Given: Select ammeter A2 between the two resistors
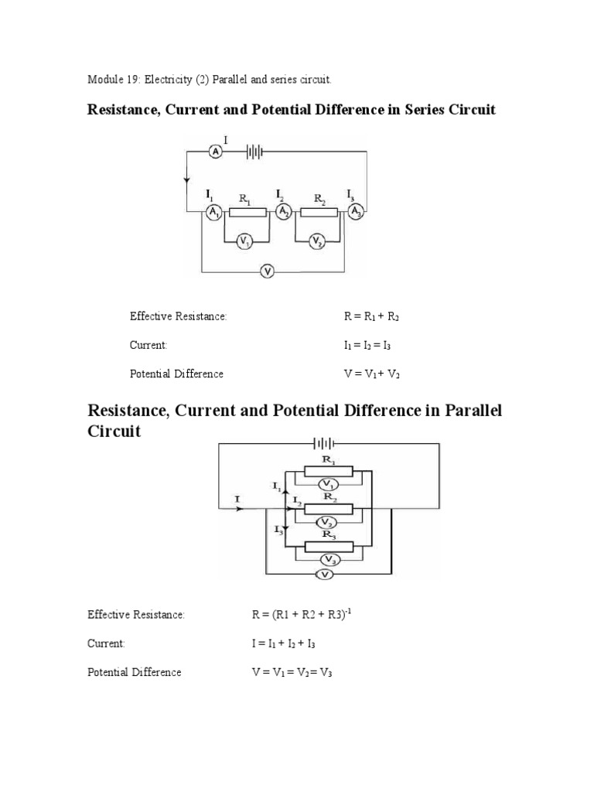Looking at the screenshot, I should point(285,212).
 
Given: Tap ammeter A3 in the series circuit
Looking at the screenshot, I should point(355,212).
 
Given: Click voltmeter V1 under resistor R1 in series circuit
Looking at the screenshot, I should point(245,242).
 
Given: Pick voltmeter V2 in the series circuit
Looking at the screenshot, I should point(316,242).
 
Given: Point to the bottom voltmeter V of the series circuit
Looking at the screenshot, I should point(267,271).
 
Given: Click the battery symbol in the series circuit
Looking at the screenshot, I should point(254,152).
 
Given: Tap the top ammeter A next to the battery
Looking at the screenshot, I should point(216,152).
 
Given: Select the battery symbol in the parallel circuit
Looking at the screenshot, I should point(323,444).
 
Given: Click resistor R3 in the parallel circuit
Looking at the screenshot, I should point(329,546).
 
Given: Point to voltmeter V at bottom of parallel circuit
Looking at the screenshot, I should point(326,575).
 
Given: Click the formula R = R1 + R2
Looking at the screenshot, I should point(371,316).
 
